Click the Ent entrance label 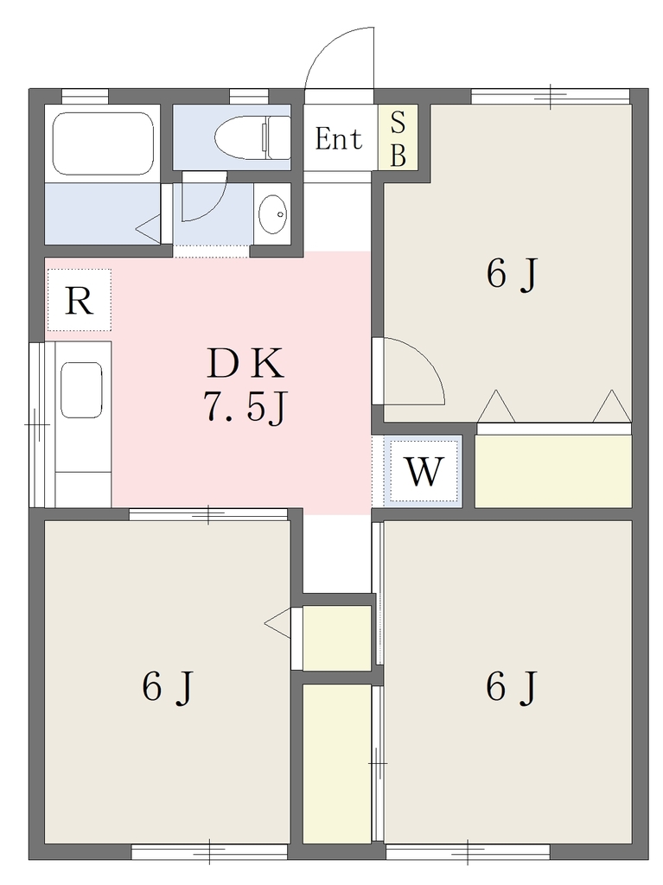338,139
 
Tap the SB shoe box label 398,139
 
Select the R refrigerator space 79,300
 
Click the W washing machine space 424,471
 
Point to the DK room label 245,364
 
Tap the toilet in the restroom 252,137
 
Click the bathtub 102,143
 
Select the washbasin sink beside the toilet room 272,214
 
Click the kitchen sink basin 81,390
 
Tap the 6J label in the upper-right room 511,275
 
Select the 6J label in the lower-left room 168,687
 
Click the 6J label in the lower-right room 511,687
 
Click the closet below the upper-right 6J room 553,471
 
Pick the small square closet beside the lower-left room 337,639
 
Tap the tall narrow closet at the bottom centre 337,764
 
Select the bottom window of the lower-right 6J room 468,851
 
